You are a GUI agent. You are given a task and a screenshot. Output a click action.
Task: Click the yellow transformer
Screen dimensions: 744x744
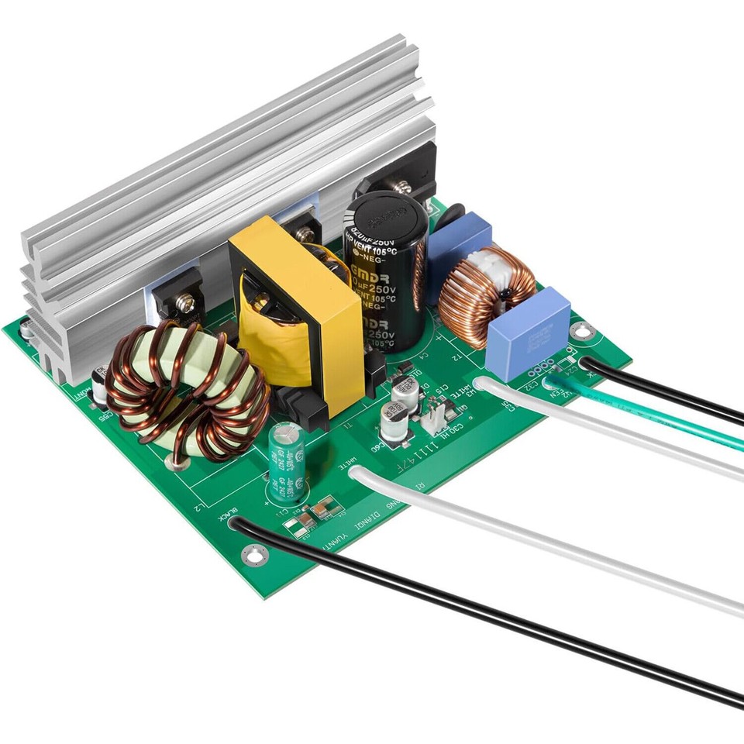294,310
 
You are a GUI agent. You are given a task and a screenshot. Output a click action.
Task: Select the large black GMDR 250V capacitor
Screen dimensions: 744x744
386,271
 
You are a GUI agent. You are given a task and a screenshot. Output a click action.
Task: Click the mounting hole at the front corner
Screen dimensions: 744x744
254,553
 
